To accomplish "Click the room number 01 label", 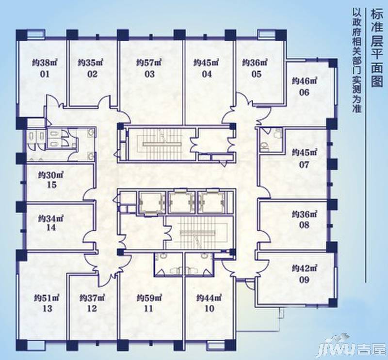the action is pyautogui.click(x=45, y=74).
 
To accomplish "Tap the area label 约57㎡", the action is pyautogui.click(x=149, y=63).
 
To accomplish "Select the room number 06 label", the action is pyautogui.click(x=304, y=93).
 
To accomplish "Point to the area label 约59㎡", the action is pyautogui.click(x=149, y=297).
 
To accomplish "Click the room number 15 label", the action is pyautogui.click(x=51, y=185).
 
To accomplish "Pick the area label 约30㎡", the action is pyautogui.click(x=51, y=175).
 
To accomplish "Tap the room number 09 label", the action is pyautogui.click(x=304, y=280).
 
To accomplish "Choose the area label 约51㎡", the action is pyautogui.click(x=47, y=297).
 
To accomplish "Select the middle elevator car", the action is pyautogui.click(x=181, y=201).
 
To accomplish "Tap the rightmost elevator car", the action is pyautogui.click(x=211, y=201).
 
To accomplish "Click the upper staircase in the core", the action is pyautogui.click(x=161, y=144).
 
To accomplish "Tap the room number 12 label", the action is pyautogui.click(x=92, y=308).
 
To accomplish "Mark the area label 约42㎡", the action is pyautogui.click(x=305, y=268).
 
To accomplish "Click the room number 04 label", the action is pyautogui.click(x=207, y=74).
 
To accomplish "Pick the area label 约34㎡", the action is pyautogui.click(x=51, y=218).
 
